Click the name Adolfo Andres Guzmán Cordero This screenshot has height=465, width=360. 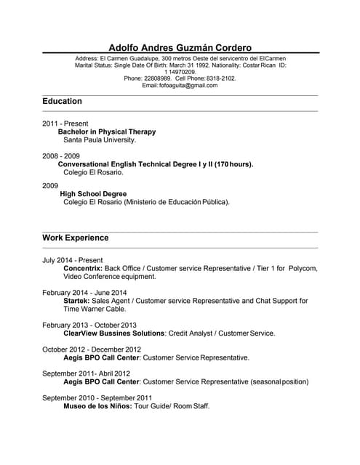tap(180, 47)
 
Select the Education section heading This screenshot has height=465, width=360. tap(62, 101)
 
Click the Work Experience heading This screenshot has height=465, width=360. tap(76, 238)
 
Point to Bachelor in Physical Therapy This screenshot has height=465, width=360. tap(107, 132)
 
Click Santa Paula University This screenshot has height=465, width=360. tap(100, 139)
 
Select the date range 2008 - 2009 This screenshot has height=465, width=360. tap(61, 156)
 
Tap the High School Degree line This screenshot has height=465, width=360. tap(93, 194)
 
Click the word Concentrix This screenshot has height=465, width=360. tap(83, 268)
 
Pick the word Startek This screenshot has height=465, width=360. tap(76, 301)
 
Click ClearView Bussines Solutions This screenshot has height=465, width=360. tap(114, 333)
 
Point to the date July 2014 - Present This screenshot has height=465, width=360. tap(73, 260)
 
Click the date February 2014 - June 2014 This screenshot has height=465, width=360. tap(84, 293)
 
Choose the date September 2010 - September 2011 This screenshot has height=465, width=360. tap(97, 398)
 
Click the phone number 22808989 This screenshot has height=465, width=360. tap(157, 78)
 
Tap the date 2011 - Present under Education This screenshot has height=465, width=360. tap(65, 124)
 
